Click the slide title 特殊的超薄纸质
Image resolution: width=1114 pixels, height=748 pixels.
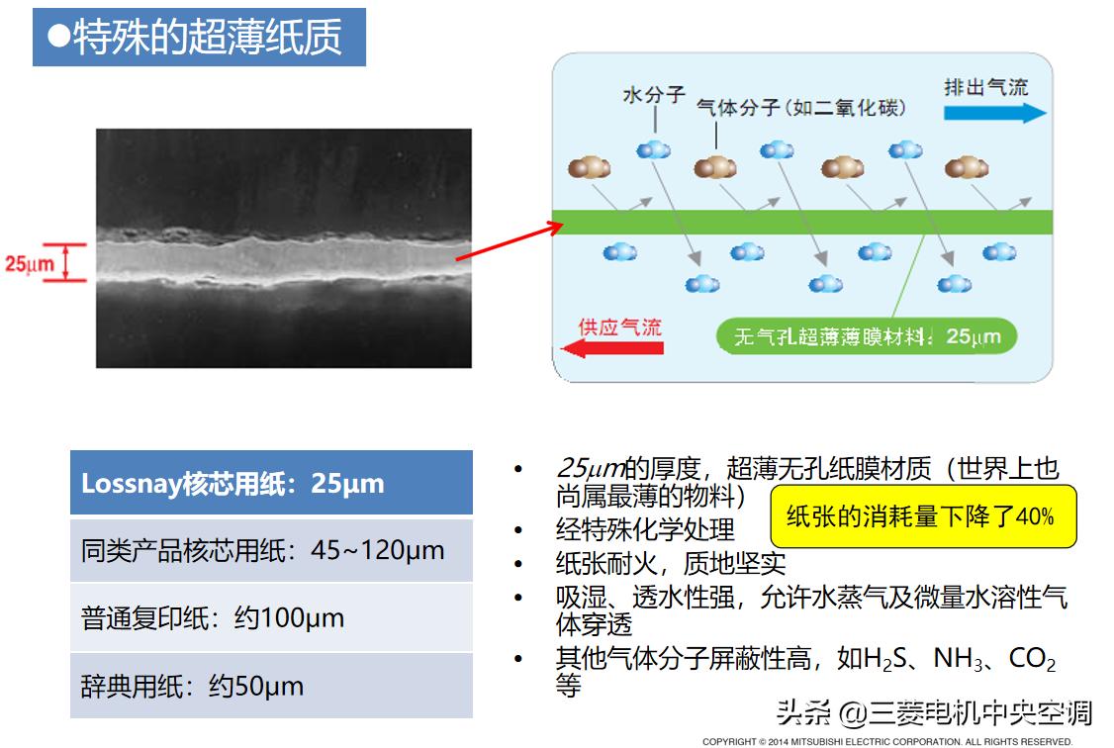point(199,38)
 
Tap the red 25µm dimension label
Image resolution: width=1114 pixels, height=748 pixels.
point(29,264)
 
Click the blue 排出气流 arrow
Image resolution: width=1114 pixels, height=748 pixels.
point(994,113)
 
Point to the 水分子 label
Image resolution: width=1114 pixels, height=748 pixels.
point(654,95)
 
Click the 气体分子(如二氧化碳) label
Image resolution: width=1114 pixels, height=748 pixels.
point(800,107)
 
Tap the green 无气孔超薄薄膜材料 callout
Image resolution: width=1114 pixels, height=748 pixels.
point(866,336)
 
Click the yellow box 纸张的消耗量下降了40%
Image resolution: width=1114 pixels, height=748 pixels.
point(922,516)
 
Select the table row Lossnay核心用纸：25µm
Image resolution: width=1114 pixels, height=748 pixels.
point(271,483)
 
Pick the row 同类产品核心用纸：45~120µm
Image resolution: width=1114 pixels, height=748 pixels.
point(271,550)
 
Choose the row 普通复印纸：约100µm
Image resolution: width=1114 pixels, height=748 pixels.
point(271,618)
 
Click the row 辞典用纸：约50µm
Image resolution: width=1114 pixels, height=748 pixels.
point(271,686)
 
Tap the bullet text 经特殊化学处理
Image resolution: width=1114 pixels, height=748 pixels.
point(645,529)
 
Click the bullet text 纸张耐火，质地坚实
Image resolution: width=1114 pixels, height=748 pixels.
point(671,563)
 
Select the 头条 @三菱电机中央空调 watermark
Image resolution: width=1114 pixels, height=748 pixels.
point(934,712)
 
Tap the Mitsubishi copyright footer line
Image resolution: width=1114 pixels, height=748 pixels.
point(886,741)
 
